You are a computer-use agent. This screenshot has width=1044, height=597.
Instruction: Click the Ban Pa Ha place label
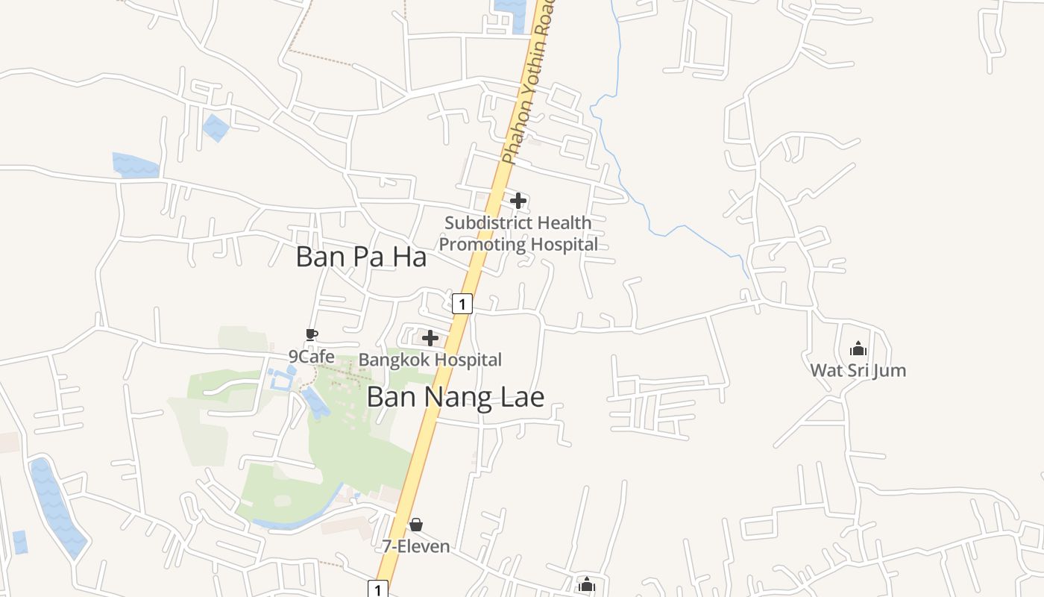point(361,257)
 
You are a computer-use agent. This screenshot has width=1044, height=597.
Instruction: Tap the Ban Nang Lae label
point(455,397)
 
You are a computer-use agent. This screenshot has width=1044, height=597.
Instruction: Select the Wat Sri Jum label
point(858,370)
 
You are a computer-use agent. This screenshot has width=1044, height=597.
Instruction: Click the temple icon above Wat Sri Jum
point(858,348)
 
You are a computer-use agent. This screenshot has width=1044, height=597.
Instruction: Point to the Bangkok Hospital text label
point(430,360)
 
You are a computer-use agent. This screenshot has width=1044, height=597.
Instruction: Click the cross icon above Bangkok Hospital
point(430,338)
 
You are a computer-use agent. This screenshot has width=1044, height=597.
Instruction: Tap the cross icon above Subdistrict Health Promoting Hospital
point(518,200)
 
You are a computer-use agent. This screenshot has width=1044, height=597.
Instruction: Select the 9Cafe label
point(312,357)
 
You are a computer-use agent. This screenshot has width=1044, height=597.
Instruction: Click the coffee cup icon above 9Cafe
point(311,334)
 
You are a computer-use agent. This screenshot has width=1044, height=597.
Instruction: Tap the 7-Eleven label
point(416,546)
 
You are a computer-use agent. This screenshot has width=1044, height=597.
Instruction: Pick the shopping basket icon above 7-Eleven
point(416,525)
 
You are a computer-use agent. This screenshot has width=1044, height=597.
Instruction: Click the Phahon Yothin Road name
point(529,82)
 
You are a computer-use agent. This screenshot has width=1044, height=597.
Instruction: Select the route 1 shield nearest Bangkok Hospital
point(462,304)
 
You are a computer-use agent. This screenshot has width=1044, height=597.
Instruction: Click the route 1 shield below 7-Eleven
point(379,590)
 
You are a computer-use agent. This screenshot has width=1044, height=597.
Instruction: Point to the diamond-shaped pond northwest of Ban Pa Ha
point(216,128)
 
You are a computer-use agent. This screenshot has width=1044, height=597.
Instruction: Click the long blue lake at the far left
point(56,507)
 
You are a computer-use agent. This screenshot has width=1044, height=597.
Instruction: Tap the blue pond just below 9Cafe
point(315,403)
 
